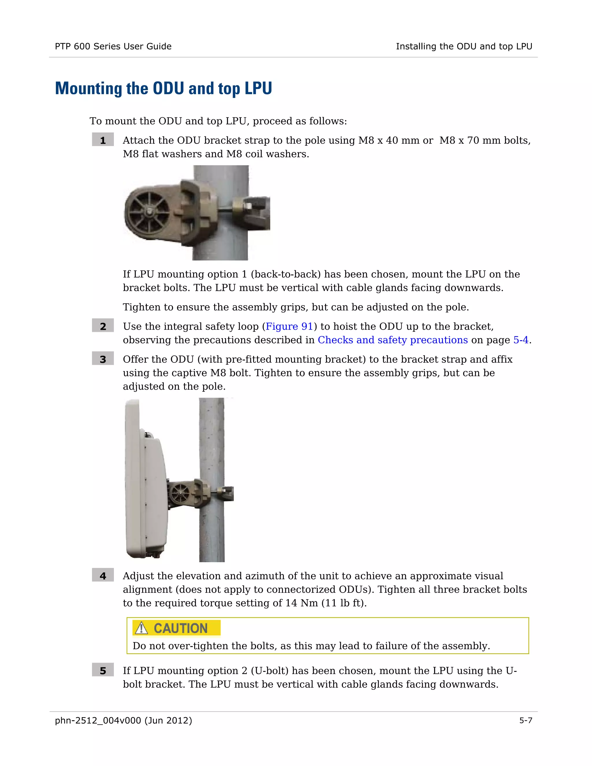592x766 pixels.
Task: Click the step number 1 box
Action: [103, 140]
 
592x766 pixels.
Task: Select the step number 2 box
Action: [103, 326]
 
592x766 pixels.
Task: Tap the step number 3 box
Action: [103, 359]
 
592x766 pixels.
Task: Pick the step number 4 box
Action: [103, 576]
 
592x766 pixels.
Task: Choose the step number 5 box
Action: [103, 670]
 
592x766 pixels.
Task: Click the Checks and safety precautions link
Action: [393, 340]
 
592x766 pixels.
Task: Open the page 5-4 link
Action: [520, 340]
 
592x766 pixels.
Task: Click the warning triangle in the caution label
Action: [141, 628]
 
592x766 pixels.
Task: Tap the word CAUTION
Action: [181, 628]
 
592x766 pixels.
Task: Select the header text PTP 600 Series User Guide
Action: [113, 46]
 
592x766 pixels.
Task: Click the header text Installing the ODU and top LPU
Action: [464, 46]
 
